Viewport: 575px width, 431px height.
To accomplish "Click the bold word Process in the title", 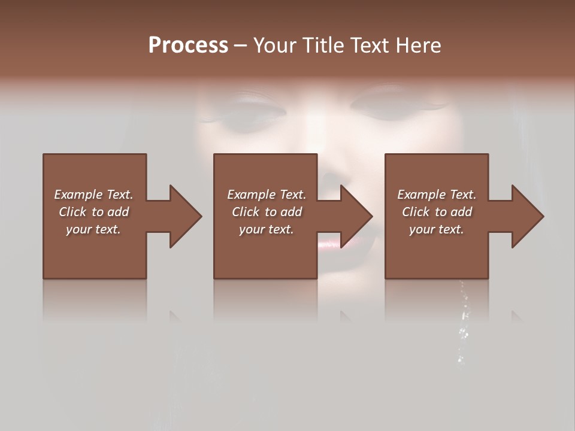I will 188,45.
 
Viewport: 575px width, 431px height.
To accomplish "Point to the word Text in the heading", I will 369,45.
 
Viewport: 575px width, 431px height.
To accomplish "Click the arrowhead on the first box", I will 185,216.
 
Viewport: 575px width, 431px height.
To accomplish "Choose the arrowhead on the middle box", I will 356,216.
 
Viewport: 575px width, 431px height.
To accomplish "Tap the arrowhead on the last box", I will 527,216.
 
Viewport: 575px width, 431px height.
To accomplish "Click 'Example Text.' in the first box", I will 93,195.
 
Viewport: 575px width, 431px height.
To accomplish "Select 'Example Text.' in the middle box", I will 267,195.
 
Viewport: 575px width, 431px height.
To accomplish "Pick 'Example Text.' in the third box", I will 437,195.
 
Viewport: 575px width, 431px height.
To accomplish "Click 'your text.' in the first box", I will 93,229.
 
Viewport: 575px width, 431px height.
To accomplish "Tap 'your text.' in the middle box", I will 267,229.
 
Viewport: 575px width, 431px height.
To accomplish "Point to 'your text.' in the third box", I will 437,229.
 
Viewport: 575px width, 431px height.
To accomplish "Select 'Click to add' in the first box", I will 93,212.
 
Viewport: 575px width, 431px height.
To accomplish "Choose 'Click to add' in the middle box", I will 267,212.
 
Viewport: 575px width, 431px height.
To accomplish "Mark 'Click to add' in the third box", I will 437,212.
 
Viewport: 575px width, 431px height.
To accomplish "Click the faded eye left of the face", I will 249,110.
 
